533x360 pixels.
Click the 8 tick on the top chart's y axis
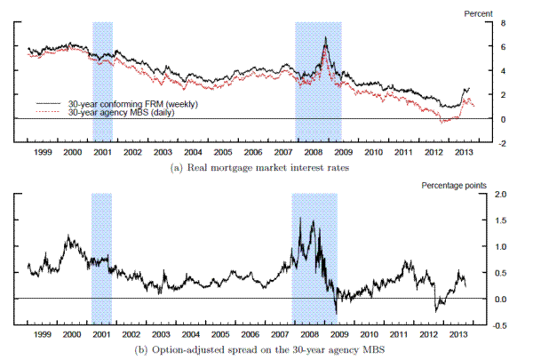click(502, 22)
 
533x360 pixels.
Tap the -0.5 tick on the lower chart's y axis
click(501, 325)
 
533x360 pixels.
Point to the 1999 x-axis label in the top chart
click(42, 153)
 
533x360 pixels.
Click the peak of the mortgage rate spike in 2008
click(326, 38)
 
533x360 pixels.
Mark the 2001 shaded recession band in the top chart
click(102, 80)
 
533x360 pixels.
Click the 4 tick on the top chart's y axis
click(502, 71)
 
